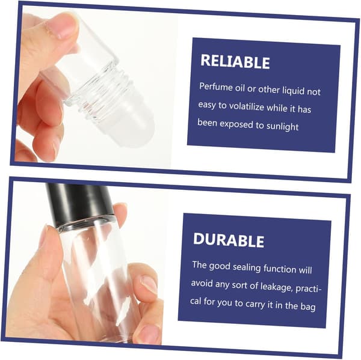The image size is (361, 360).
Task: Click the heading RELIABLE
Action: [235, 62]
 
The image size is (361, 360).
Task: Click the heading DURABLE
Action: [229, 240]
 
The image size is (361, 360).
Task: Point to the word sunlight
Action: [283, 126]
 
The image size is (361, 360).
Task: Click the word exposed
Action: [236, 124]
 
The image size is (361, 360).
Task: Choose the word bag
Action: [308, 307]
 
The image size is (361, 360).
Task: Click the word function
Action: [280, 269]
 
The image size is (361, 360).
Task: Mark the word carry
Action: [255, 304]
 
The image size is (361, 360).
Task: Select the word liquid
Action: [294, 90]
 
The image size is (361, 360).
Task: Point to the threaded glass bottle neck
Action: [100, 89]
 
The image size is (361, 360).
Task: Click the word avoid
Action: [202, 283]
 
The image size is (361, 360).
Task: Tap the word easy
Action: [207, 105]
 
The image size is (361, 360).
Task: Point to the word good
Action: [220, 266]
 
